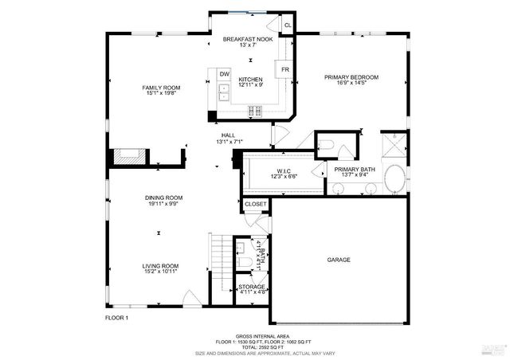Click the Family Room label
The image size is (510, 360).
pyautogui.click(x=159, y=88)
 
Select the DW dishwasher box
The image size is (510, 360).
pyautogui.click(x=225, y=74)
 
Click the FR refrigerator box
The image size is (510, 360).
pyautogui.click(x=284, y=70)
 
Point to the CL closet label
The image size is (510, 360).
pyautogui.click(x=288, y=25)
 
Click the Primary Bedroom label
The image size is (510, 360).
pyautogui.click(x=351, y=77)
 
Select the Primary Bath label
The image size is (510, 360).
pyautogui.click(x=355, y=170)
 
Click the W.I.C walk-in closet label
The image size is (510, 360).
pyautogui.click(x=284, y=171)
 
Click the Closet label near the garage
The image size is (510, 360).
pyautogui.click(x=256, y=205)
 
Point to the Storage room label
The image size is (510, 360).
pyautogui.click(x=252, y=287)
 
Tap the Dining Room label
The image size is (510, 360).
pyautogui.click(x=163, y=198)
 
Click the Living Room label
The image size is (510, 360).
pyautogui.click(x=160, y=266)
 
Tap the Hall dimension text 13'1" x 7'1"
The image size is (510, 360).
pyautogui.click(x=228, y=144)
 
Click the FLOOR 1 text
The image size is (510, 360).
pyautogui.click(x=117, y=318)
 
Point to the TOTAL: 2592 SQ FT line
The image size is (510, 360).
pyautogui.click(x=255, y=346)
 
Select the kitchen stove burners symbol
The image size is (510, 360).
pyautogui.click(x=256, y=110)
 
